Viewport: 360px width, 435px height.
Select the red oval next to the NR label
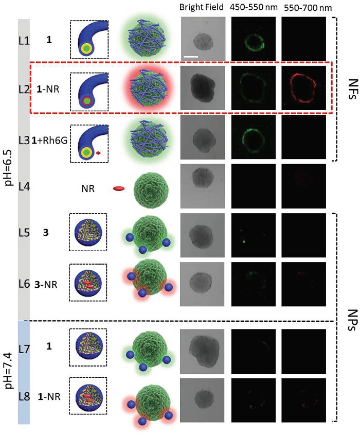[119, 188]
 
